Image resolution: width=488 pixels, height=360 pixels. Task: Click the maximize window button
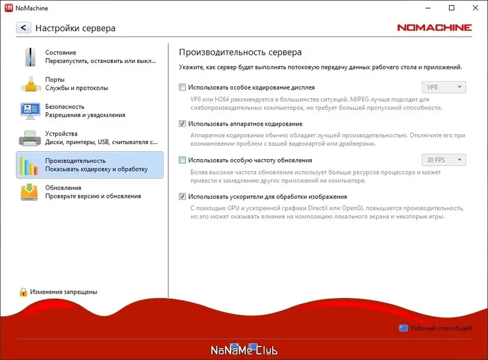point(452,8)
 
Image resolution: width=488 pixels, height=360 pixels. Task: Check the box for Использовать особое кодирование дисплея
point(182,87)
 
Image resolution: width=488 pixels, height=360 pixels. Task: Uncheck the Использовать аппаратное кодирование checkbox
point(182,124)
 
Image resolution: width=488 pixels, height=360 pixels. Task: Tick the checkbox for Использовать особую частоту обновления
point(182,160)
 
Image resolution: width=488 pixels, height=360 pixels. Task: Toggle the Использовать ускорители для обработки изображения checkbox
point(182,197)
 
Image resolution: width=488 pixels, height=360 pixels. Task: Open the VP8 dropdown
point(443,87)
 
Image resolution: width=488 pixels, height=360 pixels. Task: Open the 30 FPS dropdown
point(443,160)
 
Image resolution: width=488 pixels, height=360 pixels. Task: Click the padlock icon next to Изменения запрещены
point(23,292)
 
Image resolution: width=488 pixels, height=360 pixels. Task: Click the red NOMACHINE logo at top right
point(434,27)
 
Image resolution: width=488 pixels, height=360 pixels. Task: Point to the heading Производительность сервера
point(240,52)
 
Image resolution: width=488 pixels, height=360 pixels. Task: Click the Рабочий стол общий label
point(440,328)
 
